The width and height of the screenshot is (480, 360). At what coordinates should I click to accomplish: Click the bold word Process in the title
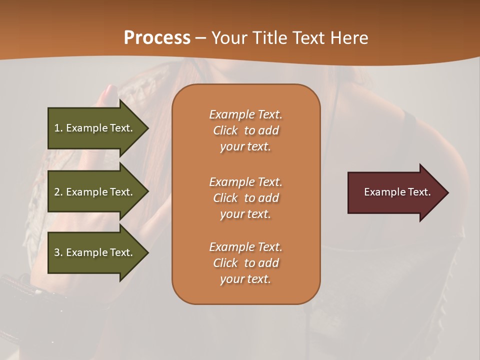(x=157, y=37)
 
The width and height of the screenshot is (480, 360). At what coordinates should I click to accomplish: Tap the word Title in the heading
(x=270, y=37)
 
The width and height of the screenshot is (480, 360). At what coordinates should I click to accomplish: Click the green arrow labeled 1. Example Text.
(x=95, y=128)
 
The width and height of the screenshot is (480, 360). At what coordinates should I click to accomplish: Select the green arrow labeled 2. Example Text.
(x=95, y=192)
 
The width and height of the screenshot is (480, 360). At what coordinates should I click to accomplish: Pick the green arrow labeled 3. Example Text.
(x=95, y=252)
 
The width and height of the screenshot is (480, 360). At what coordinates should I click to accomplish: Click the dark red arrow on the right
(x=395, y=192)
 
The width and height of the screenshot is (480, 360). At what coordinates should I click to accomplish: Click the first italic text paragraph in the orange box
(x=245, y=130)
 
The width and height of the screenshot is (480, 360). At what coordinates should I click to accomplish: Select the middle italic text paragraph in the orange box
(x=245, y=197)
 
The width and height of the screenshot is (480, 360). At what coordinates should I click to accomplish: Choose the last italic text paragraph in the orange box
(x=245, y=263)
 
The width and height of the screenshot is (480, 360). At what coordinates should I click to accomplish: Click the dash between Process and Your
(x=200, y=38)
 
